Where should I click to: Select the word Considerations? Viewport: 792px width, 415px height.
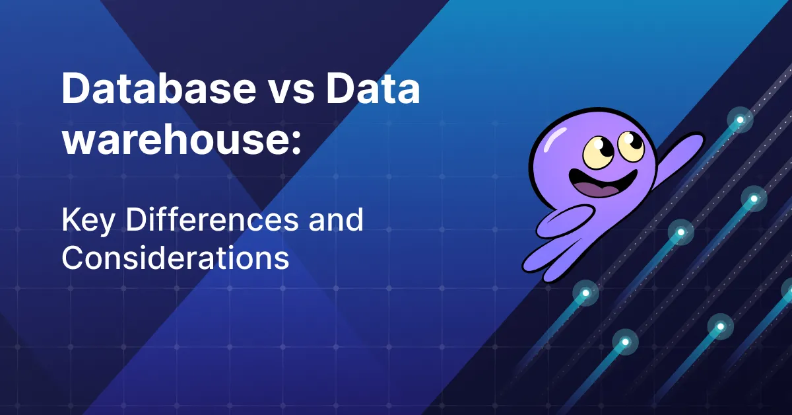pyautogui.click(x=175, y=258)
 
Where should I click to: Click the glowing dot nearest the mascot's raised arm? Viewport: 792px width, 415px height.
pyautogui.click(x=740, y=120)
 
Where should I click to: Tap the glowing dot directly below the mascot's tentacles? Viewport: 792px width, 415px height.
pyautogui.click(x=585, y=291)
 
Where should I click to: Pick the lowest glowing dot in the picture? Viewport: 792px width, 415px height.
pyautogui.click(x=625, y=342)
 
